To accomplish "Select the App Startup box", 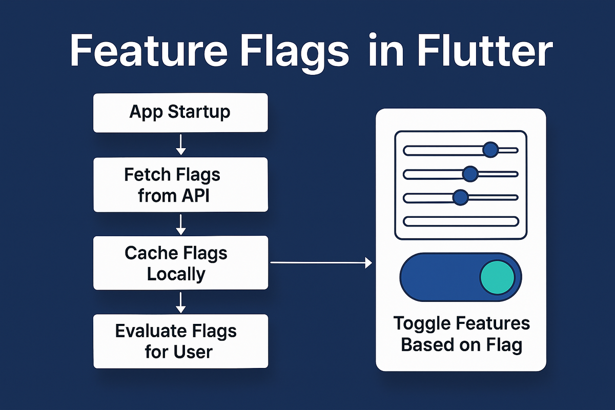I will (x=180, y=112).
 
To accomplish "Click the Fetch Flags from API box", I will (x=180, y=184).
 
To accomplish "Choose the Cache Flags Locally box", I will (x=180, y=263).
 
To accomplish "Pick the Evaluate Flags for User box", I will (x=180, y=341).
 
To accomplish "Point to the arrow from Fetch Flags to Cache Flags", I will (x=180, y=223).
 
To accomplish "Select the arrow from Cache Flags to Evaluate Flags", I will (x=180, y=302).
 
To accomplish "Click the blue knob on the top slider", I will (x=490, y=150).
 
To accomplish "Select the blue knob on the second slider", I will (x=470, y=174).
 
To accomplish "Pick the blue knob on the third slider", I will (x=461, y=197).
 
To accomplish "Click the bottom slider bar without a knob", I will (x=461, y=221).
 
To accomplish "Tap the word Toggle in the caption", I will (x=422, y=324).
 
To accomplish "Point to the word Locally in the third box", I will (x=176, y=274).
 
